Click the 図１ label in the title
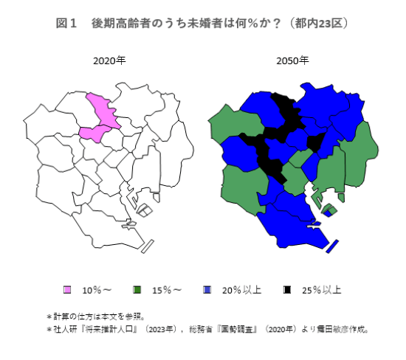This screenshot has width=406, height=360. (x=67, y=23)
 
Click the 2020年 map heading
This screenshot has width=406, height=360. (x=109, y=61)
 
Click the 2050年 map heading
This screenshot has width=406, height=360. (x=292, y=61)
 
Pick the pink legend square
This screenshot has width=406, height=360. (x=67, y=289)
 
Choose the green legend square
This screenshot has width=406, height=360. (x=138, y=289)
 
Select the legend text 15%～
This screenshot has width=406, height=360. (x=168, y=289)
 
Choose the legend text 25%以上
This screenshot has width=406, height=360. (x=319, y=289)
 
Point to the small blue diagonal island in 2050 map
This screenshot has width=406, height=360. (x=331, y=246)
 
